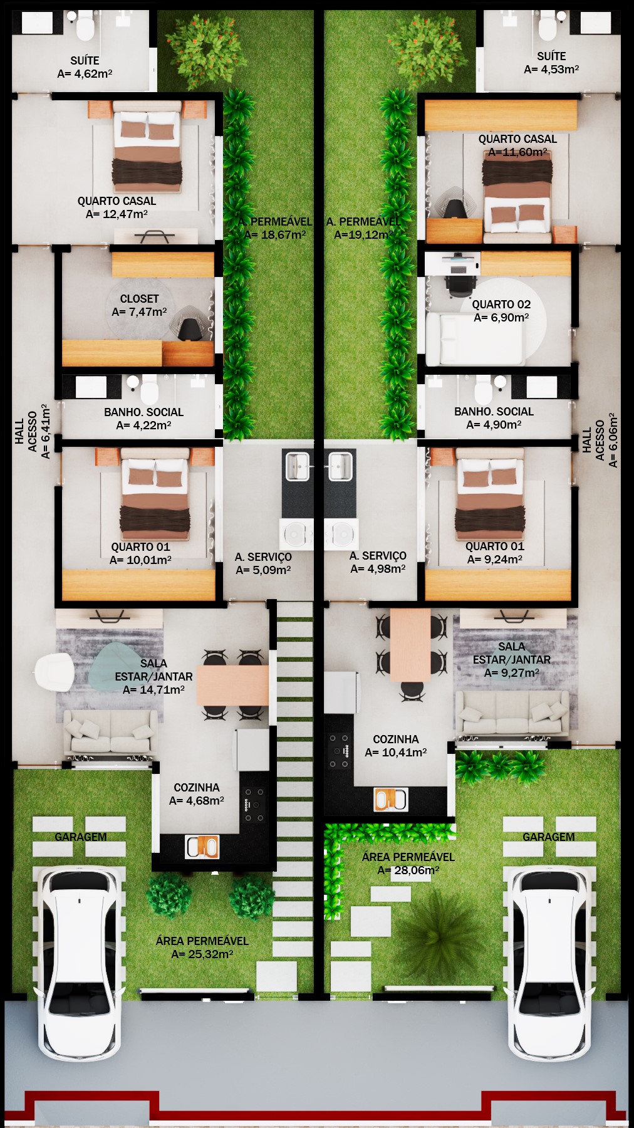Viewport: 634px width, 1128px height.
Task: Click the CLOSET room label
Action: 139,299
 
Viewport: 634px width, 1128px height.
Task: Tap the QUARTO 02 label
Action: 501,305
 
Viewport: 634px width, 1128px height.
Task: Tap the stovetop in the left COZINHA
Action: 254,805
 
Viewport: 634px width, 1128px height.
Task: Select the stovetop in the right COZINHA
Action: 339,751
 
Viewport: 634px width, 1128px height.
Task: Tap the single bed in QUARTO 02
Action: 475,339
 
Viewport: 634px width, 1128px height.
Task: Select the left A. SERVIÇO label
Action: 263,557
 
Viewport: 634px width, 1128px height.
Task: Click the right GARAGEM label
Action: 549,837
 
